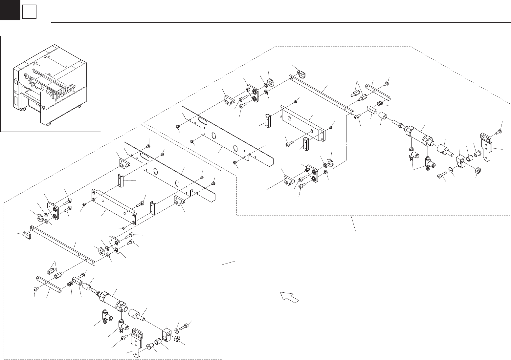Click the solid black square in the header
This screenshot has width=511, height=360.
click(10, 10)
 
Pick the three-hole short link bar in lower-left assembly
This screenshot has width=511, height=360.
click(49, 284)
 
